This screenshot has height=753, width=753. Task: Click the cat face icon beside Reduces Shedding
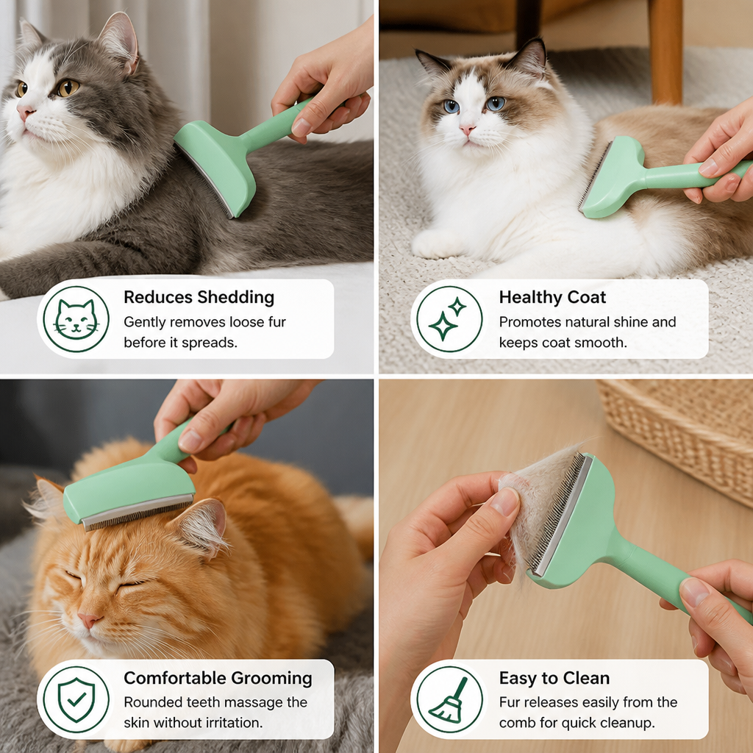point(76,319)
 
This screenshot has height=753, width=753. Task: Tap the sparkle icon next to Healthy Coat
point(448,319)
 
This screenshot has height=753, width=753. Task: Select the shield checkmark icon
point(76,700)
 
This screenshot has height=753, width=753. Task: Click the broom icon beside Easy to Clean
point(448,700)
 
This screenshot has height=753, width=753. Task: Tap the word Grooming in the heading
point(271,678)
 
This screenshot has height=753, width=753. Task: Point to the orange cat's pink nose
point(89,620)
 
